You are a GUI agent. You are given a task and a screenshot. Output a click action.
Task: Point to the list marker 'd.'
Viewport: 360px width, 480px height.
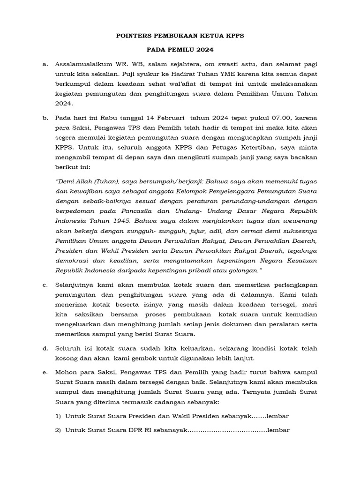45,348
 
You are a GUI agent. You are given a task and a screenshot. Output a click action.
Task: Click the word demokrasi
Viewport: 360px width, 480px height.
74,261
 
